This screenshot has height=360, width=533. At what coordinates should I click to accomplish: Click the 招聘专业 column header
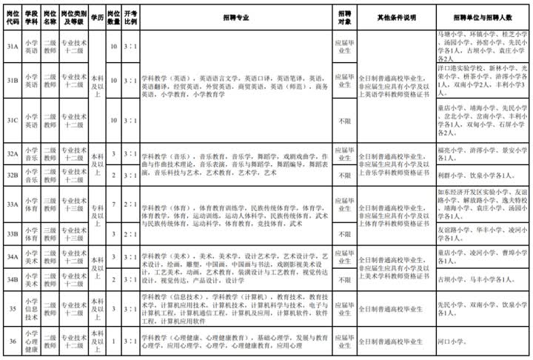[x=236, y=16]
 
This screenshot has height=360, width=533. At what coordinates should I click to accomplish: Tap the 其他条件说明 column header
[x=398, y=16]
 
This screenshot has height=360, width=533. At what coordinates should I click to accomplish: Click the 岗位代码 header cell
[x=12, y=16]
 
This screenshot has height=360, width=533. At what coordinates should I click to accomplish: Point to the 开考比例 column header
[x=130, y=16]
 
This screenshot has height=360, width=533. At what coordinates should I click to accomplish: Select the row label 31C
[x=12, y=120]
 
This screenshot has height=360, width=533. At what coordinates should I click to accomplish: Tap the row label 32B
[x=12, y=175]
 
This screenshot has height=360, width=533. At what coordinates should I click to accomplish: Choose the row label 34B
[x=12, y=281]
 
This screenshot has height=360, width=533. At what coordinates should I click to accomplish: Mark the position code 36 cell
[x=12, y=341]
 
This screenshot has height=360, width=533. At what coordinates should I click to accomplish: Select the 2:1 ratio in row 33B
[x=130, y=233]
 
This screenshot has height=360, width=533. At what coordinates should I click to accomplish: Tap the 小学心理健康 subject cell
[x=31, y=341]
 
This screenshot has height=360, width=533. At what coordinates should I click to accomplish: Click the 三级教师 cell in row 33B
[x=50, y=233]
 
